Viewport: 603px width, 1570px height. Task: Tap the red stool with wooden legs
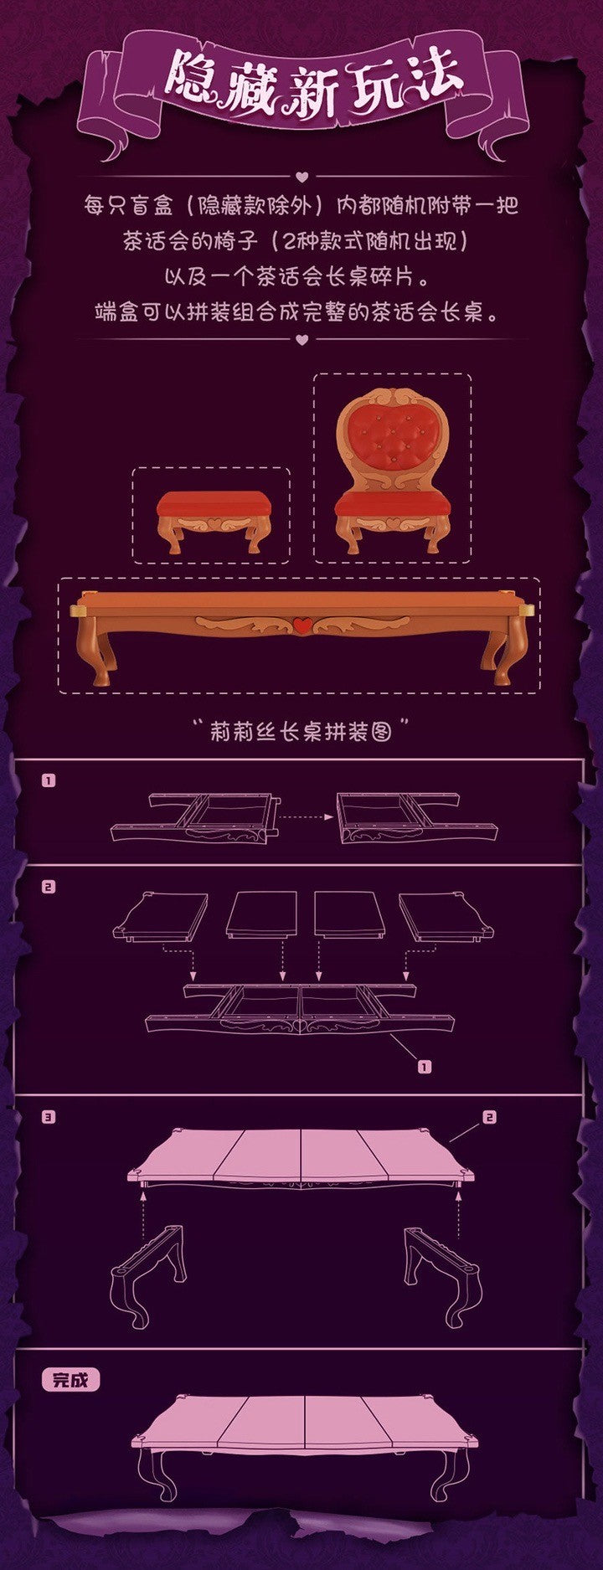(x=214, y=521)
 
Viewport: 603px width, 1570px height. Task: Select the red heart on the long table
(x=302, y=624)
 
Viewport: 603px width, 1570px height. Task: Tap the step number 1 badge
(x=49, y=780)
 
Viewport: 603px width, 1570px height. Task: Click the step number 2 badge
(x=49, y=887)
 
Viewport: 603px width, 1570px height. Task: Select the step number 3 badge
(x=49, y=1117)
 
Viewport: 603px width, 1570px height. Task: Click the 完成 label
(x=70, y=1380)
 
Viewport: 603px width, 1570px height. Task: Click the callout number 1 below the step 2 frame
(x=425, y=1067)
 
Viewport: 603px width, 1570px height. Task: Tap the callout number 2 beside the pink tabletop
(x=490, y=1117)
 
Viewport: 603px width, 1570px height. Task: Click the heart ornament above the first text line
(x=302, y=177)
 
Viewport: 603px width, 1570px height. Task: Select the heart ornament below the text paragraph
(x=302, y=339)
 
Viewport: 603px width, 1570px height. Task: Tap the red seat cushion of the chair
(x=390, y=505)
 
